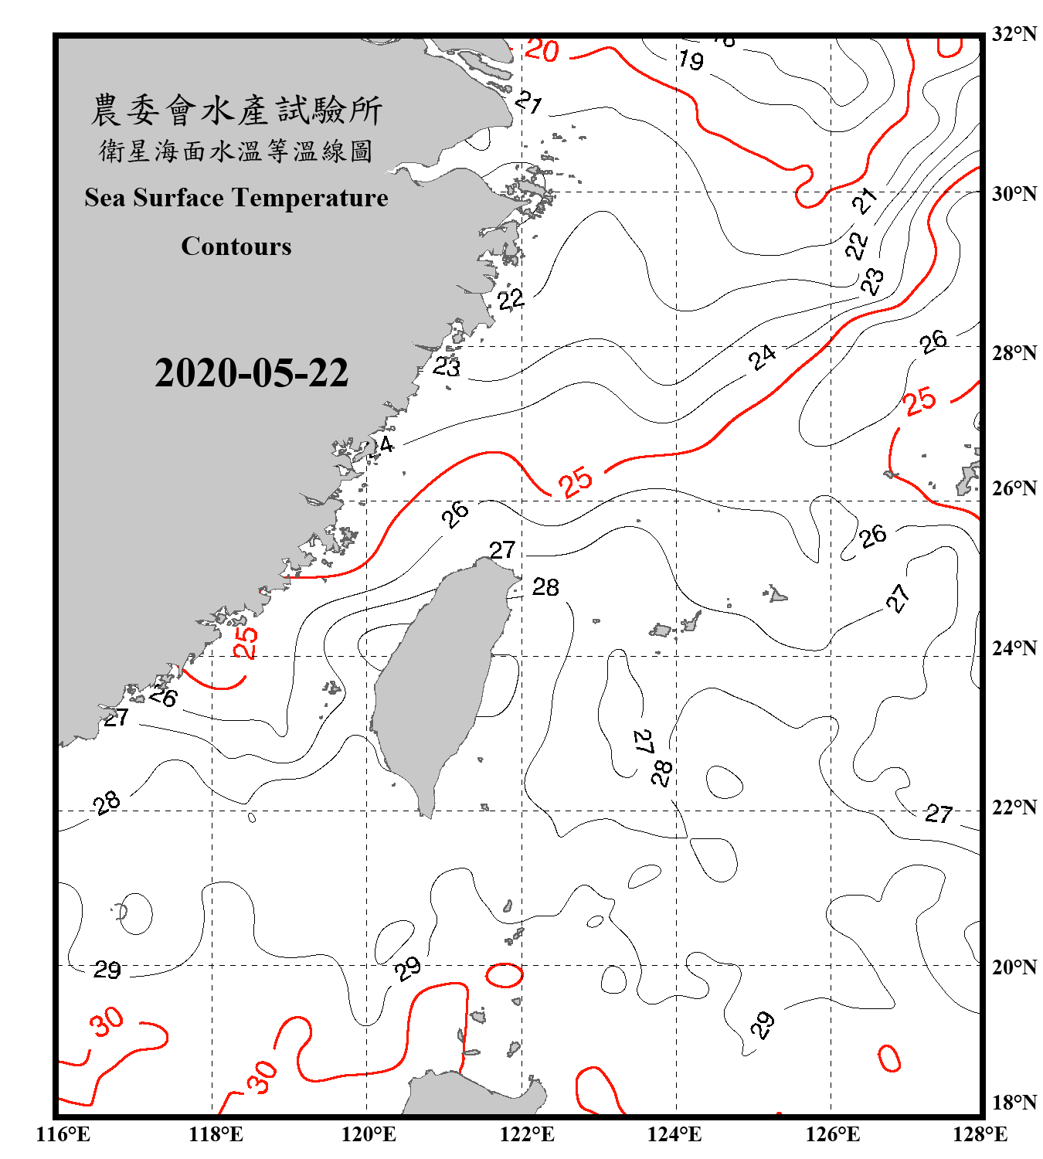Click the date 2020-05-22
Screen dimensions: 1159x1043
251,372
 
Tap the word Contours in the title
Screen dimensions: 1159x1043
236,246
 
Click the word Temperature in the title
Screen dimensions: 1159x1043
309,198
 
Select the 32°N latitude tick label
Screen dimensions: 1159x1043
1014,34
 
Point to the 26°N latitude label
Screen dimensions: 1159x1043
1014,488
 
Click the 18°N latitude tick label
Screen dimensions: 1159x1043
1014,1103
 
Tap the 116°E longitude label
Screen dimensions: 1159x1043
63,1134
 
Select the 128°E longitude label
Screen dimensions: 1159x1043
980,1134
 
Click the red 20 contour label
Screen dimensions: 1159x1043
542,51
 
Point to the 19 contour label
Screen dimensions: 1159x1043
691,59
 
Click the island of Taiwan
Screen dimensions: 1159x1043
437,680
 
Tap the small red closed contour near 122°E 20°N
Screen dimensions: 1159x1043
505,975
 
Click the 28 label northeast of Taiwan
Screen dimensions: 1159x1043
545,587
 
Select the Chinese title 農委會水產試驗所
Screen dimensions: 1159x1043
236,110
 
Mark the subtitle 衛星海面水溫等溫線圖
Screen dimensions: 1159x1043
236,151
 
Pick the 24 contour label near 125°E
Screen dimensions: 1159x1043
763,357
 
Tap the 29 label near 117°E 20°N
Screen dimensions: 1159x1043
107,969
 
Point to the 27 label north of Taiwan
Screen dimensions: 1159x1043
502,550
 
